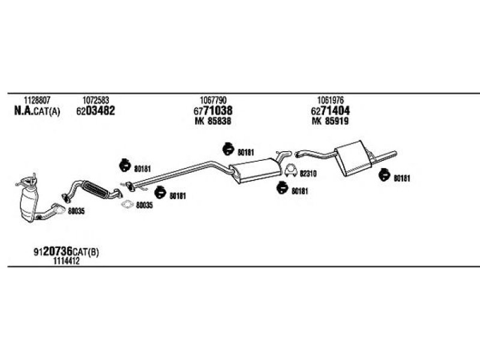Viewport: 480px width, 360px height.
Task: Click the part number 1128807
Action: pyautogui.click(x=37, y=100)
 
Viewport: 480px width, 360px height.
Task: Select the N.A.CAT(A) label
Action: pyautogui.click(x=37, y=111)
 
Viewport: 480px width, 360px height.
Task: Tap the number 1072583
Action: pyautogui.click(x=95, y=100)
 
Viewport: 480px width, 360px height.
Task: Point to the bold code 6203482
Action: pyautogui.click(x=95, y=111)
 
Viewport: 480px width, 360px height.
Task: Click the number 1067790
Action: pyautogui.click(x=214, y=100)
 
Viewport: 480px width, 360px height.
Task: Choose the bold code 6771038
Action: pyautogui.click(x=213, y=111)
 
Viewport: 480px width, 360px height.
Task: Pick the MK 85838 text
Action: pyautogui.click(x=213, y=121)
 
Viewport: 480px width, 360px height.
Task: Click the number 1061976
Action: pyautogui.click(x=331, y=100)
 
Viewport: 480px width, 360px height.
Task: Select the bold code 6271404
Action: pyautogui.click(x=331, y=111)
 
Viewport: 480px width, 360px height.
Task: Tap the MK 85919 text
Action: pyautogui.click(x=331, y=121)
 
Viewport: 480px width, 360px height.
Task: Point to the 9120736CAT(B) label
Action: pyautogui.click(x=66, y=251)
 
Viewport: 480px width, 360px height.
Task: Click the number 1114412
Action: pyautogui.click(x=67, y=261)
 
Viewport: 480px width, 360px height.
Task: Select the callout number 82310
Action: pyautogui.click(x=308, y=174)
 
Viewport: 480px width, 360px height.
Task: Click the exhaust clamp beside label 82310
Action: pyautogui.click(x=290, y=171)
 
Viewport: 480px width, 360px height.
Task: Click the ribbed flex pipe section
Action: pyautogui.click(x=95, y=190)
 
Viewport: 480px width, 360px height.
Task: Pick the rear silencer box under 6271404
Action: pyautogui.click(x=353, y=158)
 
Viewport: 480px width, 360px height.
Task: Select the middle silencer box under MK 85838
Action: pyautogui.click(x=256, y=170)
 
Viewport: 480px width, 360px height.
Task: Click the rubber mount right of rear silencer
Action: pyautogui.click(x=384, y=175)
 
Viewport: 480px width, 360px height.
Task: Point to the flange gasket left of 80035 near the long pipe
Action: pyautogui.click(x=127, y=204)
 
